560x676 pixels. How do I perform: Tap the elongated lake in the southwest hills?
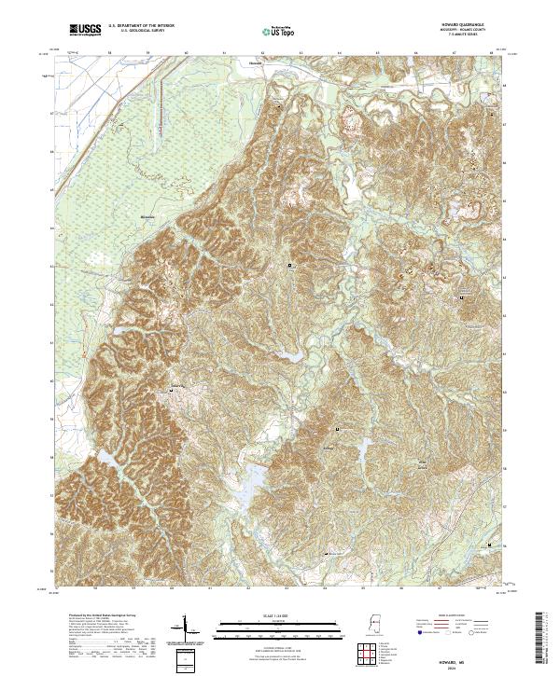click(x=108, y=458)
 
